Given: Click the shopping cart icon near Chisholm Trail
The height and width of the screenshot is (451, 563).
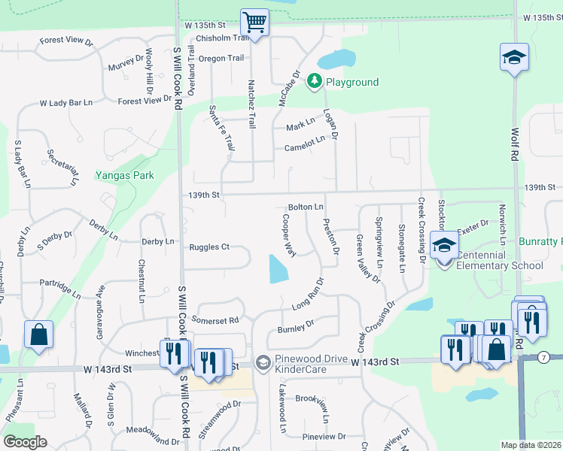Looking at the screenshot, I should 255,23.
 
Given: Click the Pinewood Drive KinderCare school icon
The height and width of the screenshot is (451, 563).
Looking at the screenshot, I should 262,363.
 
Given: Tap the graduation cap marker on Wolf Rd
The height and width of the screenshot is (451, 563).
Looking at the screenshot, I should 514,57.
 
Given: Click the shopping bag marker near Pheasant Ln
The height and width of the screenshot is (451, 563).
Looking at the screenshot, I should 38,334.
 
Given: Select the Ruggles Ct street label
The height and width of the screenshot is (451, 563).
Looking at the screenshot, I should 208,247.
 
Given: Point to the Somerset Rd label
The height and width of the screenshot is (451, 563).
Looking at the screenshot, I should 217,319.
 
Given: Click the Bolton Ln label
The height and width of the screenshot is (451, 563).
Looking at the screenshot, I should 306,207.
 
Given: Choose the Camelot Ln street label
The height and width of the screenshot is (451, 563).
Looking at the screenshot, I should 305,144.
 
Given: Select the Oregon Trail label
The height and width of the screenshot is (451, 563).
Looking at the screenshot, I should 221,58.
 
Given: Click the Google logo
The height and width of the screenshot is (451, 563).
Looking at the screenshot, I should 25,442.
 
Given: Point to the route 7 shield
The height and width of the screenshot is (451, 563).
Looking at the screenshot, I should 543,357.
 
